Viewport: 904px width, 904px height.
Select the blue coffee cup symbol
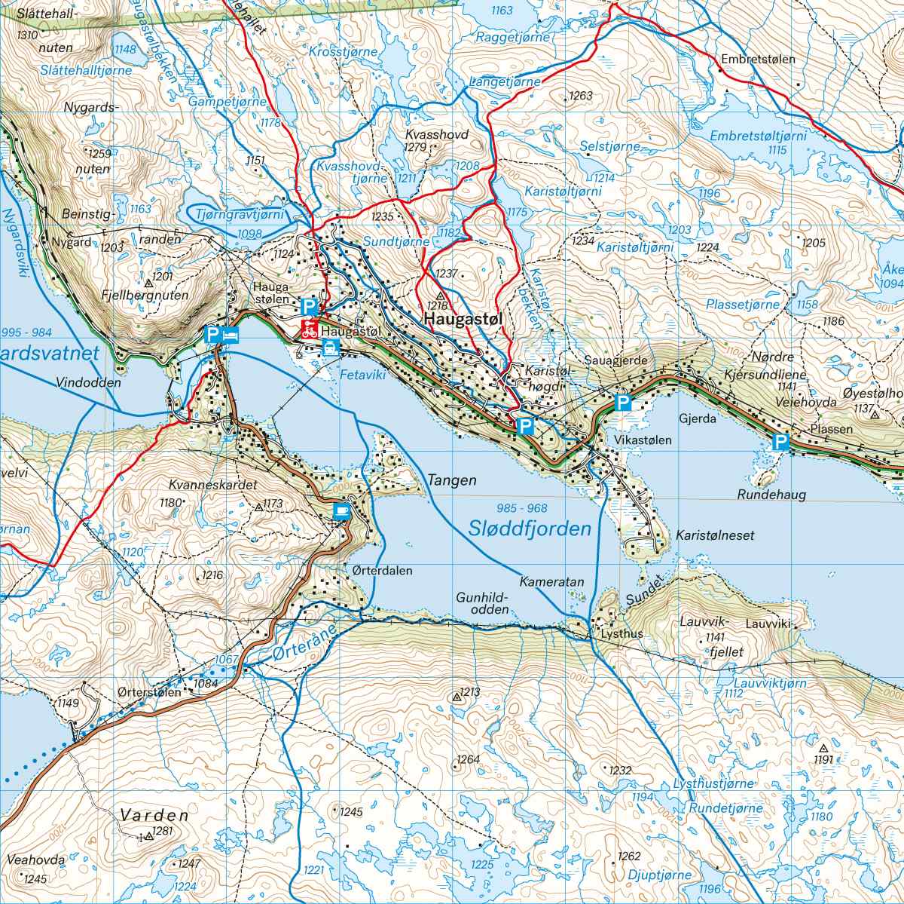tap(342, 511)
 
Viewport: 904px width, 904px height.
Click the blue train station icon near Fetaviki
tap(330, 348)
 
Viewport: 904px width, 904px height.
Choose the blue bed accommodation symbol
tap(231, 334)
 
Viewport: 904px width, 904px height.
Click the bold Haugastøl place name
tap(463, 320)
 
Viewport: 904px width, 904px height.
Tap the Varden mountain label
tap(154, 815)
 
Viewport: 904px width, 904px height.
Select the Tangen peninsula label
tap(452, 480)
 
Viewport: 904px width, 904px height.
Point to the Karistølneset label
tap(715, 535)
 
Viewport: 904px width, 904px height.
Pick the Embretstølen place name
tap(757, 58)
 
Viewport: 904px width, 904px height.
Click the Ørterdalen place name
tap(382, 571)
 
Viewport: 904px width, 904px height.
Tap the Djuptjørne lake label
tap(658, 875)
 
